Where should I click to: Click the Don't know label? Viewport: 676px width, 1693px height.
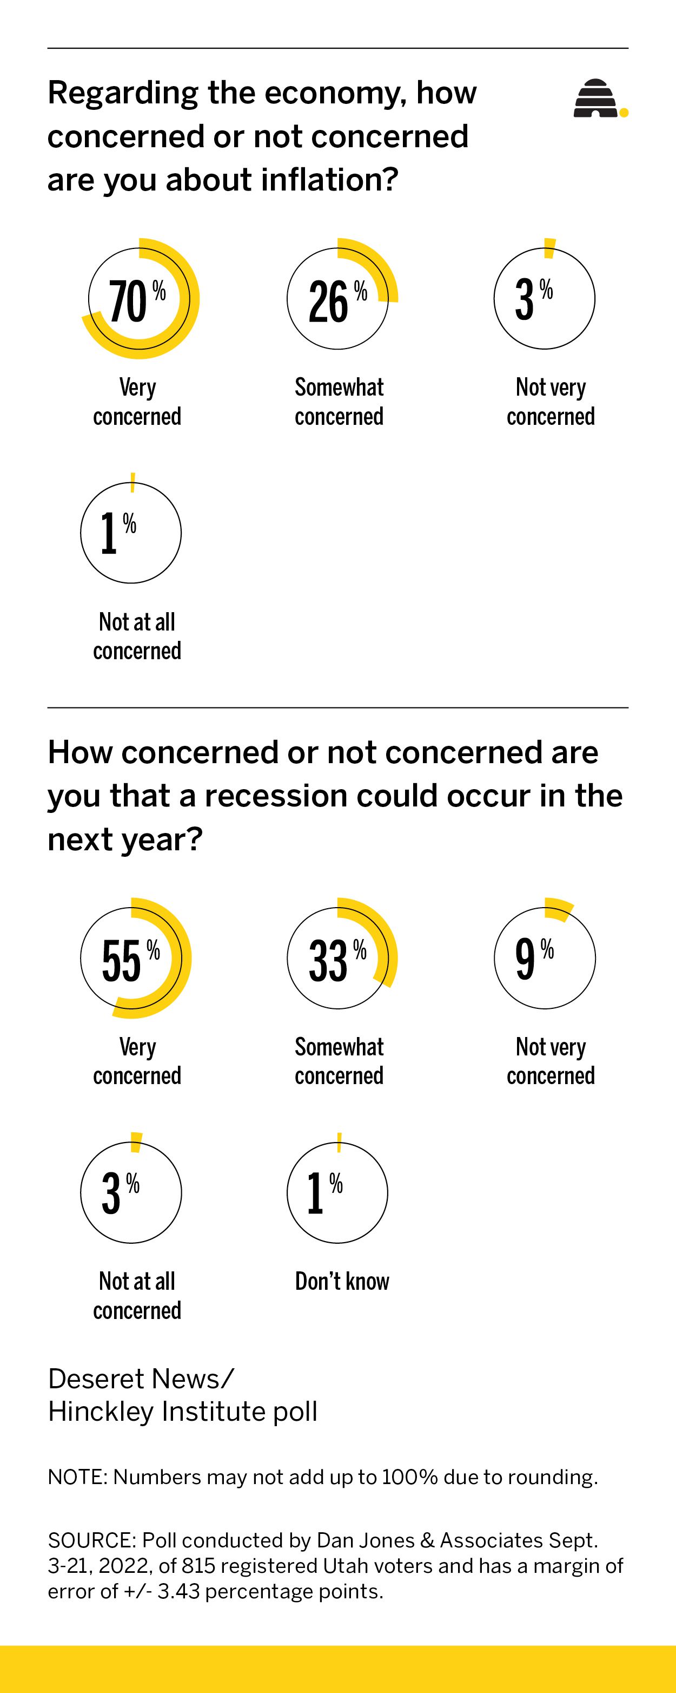coord(342,1281)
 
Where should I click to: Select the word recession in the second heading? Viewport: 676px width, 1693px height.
coord(276,796)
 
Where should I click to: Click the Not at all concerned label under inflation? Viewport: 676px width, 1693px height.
coord(137,636)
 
